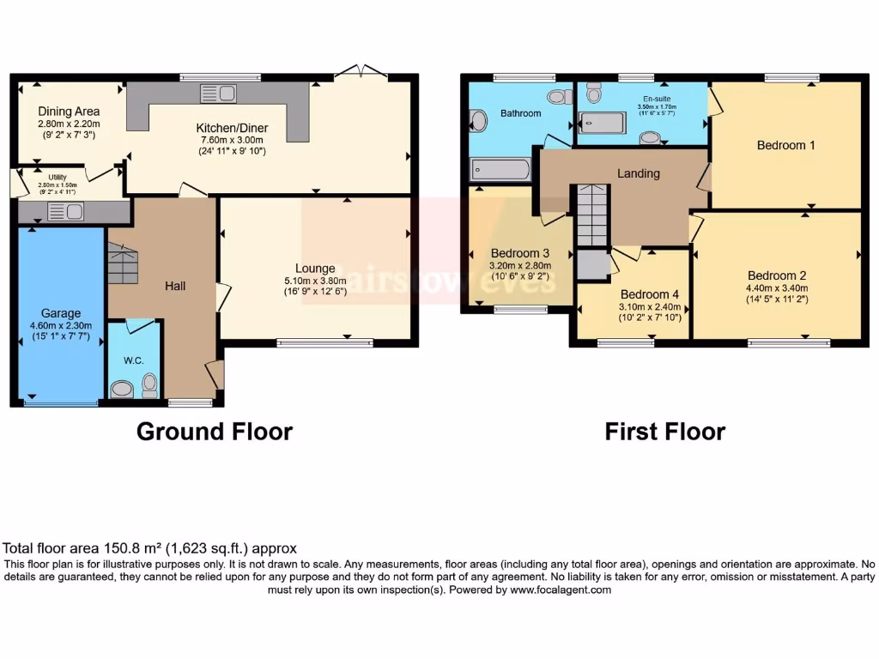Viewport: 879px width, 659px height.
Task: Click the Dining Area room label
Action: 69,111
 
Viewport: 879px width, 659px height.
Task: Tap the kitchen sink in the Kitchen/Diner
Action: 218,93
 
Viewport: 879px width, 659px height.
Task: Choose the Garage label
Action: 60,313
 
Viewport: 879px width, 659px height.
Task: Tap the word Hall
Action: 175,286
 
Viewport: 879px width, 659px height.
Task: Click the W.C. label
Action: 132,360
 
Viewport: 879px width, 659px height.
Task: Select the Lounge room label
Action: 315,268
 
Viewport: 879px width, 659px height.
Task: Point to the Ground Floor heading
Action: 214,431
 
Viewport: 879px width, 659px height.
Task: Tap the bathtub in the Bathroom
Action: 500,169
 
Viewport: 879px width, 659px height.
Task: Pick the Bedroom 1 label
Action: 785,145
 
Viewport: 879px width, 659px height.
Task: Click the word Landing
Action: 639,173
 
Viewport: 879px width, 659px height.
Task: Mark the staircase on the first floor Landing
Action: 591,215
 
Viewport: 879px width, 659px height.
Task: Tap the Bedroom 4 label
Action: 650,294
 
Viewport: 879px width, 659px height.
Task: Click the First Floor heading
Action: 664,431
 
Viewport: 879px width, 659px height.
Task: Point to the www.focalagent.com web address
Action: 561,589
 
